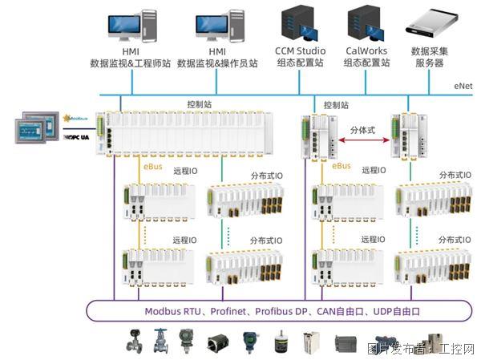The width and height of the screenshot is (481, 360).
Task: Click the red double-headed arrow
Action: [362, 139]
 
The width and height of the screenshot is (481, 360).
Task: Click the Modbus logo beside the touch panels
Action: [78, 118]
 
